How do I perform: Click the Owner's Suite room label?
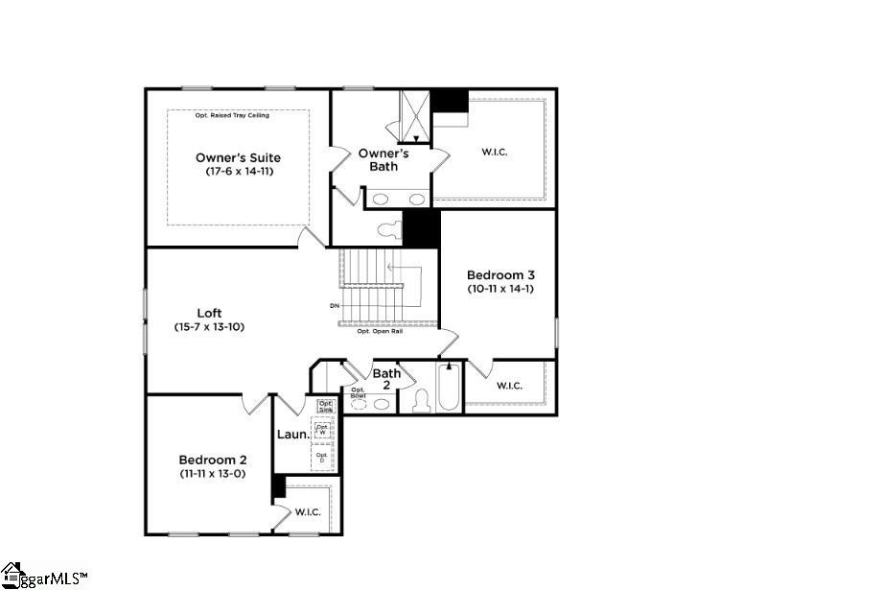pyautogui.click(x=238, y=157)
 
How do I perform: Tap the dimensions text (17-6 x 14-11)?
pyautogui.click(x=238, y=172)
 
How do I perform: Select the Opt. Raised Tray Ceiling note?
pyautogui.click(x=232, y=115)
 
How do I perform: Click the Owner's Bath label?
pyautogui.click(x=383, y=159)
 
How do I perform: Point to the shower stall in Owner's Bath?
pyautogui.click(x=415, y=115)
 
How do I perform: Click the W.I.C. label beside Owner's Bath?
pyautogui.click(x=496, y=152)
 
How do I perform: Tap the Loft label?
pyautogui.click(x=210, y=313)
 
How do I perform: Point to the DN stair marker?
pyautogui.click(x=334, y=306)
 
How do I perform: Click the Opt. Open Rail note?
pyautogui.click(x=380, y=331)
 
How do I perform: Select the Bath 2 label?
pyautogui.click(x=387, y=378)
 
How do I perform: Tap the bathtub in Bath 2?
pyautogui.click(x=449, y=389)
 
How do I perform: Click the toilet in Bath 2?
pyautogui.click(x=421, y=402)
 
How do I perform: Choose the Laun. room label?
pyautogui.click(x=292, y=435)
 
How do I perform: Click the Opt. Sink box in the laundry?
pyautogui.click(x=325, y=406)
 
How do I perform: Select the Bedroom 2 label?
pyautogui.click(x=212, y=460)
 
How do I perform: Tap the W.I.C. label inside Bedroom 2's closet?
pyautogui.click(x=308, y=511)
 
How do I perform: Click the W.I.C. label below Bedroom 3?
pyautogui.click(x=509, y=386)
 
